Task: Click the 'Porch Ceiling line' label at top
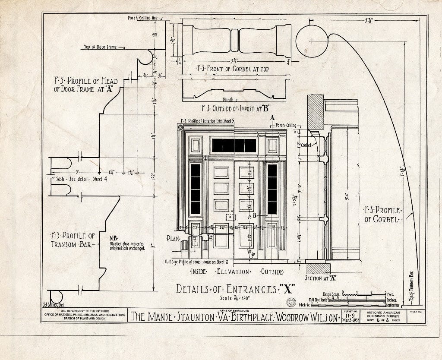click(144, 18)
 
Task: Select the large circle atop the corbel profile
click(312, 41)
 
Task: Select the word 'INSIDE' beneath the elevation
click(198, 272)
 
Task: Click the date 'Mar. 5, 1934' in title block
click(350, 320)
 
